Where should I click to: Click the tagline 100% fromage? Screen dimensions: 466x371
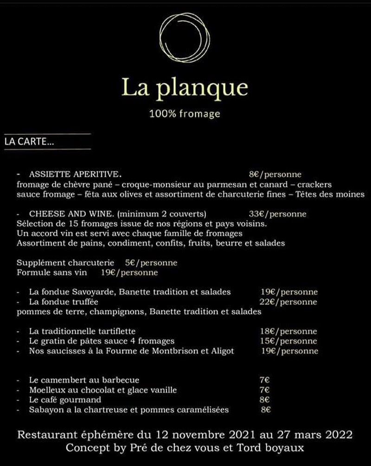pyautogui.click(x=185, y=114)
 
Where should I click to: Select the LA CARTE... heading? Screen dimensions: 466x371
pyautogui.click(x=29, y=142)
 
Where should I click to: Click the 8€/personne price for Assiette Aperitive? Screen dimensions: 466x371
pyautogui.click(x=275, y=175)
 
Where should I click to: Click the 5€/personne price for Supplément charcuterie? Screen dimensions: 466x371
pyautogui.click(x=151, y=263)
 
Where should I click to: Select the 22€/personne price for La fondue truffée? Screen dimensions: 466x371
pyautogui.click(x=289, y=302)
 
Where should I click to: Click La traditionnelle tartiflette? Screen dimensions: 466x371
pyautogui.click(x=82, y=331)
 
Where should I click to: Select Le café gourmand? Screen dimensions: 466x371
pyautogui.click(x=65, y=400)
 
